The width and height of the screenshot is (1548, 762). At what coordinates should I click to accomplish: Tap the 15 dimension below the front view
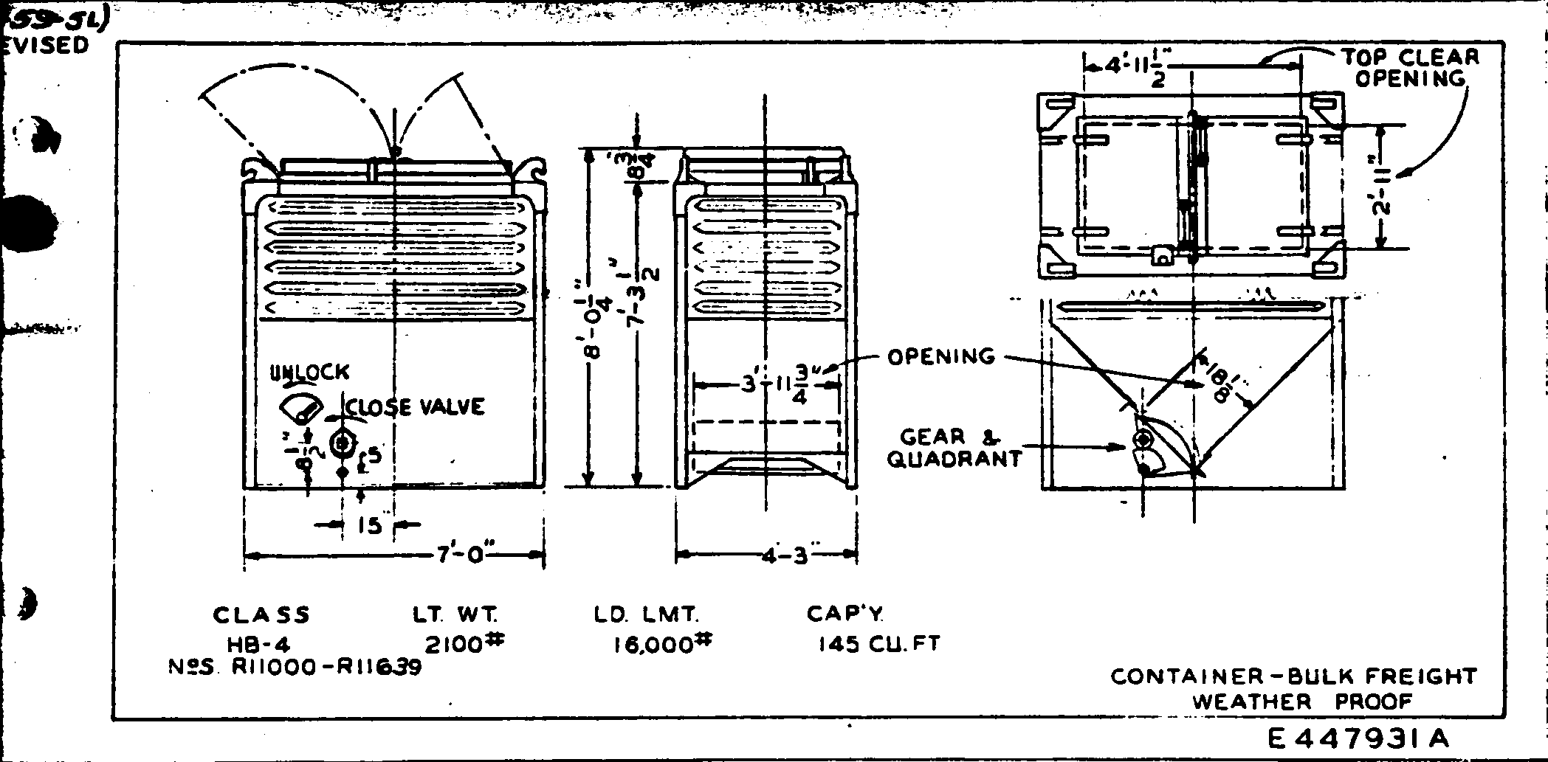pos(368,525)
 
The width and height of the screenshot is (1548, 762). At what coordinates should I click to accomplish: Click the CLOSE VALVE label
pos(416,406)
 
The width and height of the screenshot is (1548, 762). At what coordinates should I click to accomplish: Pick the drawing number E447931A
pos(1359,738)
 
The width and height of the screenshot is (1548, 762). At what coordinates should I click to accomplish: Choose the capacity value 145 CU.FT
pos(878,644)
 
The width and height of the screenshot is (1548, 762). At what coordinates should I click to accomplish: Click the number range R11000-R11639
pos(326,668)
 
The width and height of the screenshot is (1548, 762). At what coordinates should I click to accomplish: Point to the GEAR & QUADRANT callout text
pos(954,448)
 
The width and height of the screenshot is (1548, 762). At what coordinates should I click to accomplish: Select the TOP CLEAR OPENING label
pos(1410,68)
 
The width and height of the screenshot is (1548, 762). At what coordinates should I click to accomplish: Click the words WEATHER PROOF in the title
pos(1302,701)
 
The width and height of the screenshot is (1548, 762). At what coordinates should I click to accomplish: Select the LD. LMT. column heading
pos(646,614)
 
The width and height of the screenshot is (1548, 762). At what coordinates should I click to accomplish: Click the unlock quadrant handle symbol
pos(301,408)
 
